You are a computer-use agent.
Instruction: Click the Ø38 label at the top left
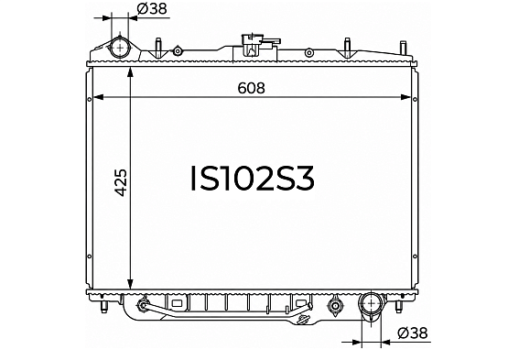152,9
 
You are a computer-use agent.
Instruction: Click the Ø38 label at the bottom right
413,333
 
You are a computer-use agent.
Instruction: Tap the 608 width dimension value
251,88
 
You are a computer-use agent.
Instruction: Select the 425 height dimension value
121,182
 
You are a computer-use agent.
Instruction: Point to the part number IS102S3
253,178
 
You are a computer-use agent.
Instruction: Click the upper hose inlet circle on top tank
120,48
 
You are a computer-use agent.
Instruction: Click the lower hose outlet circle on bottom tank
371,303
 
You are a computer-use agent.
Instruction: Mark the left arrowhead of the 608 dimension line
98,97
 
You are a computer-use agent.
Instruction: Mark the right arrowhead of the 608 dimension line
406,97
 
